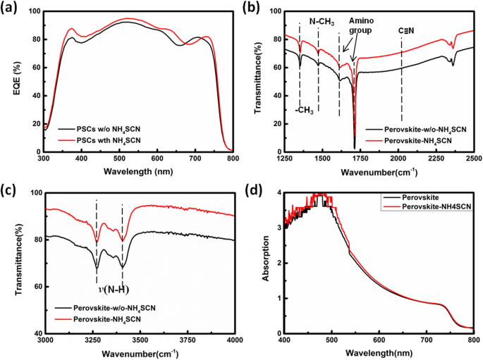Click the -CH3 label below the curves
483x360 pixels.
pyautogui.click(x=305, y=109)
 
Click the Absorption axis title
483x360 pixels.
pyautogui.click(x=267, y=263)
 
